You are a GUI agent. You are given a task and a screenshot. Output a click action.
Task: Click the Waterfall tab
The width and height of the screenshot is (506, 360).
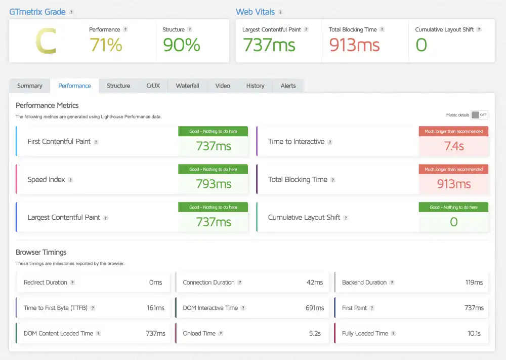(187, 86)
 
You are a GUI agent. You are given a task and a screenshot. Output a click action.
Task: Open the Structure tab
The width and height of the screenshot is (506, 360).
(118, 86)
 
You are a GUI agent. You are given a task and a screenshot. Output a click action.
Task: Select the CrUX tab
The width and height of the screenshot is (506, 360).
(153, 86)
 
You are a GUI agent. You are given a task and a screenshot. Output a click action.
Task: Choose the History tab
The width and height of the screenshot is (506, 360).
(255, 86)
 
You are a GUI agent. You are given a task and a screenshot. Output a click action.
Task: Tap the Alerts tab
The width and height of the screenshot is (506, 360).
(288, 86)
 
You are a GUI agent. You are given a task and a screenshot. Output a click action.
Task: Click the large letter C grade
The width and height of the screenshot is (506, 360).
(46, 42)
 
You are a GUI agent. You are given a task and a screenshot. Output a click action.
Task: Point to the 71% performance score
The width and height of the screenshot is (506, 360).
(106, 45)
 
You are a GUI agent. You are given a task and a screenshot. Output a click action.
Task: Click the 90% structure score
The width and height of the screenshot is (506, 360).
(181, 45)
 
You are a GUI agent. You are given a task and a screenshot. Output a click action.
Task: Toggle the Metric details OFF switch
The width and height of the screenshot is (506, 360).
(479, 115)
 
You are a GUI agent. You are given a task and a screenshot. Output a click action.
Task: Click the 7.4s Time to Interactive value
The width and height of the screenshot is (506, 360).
(453, 146)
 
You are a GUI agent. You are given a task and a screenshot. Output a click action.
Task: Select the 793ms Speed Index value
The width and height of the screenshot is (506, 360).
(213, 184)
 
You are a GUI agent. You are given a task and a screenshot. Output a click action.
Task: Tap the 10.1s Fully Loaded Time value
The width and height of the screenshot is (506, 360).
(475, 333)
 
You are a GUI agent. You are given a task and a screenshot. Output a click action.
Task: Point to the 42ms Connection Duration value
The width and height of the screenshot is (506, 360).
(314, 282)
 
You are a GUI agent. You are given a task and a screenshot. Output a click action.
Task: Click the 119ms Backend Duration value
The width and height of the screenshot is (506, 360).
(474, 282)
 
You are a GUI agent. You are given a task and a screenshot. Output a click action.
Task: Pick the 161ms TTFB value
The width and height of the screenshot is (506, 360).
(156, 308)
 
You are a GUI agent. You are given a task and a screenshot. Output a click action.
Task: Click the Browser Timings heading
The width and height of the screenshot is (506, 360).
(41, 252)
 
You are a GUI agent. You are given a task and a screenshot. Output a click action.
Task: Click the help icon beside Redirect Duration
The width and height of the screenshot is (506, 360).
(72, 283)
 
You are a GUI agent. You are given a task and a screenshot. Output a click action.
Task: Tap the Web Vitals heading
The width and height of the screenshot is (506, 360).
(255, 12)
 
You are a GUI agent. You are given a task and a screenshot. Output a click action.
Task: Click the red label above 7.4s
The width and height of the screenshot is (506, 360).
(453, 131)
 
